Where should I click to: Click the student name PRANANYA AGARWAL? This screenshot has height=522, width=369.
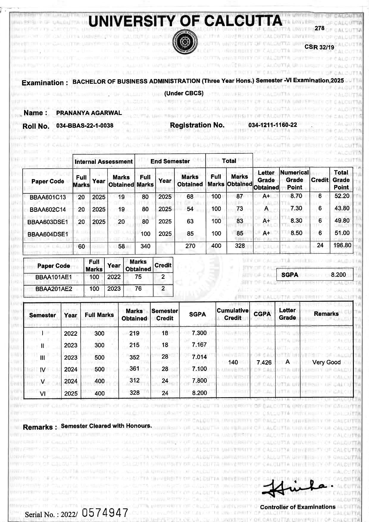(x=89, y=113)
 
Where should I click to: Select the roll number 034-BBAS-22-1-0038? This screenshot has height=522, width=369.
(x=85, y=126)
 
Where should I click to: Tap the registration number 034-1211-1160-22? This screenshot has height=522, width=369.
(x=273, y=125)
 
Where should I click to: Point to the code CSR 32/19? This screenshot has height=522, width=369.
(x=319, y=47)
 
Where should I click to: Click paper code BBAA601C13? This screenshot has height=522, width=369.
(x=48, y=197)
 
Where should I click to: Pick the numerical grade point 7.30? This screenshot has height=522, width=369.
(x=296, y=209)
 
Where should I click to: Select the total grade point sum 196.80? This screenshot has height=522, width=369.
(x=342, y=245)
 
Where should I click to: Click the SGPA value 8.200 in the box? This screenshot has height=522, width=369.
(x=338, y=275)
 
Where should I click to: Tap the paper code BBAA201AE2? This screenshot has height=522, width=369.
(x=54, y=289)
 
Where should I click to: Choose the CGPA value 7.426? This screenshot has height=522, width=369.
(x=264, y=362)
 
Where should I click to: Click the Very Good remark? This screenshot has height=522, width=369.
(x=326, y=362)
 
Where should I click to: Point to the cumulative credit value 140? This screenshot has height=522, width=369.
(x=233, y=362)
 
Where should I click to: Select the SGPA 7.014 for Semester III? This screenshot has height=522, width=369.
(x=199, y=357)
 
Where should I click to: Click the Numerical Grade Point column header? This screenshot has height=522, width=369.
(x=294, y=180)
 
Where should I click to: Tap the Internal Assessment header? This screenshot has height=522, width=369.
(x=104, y=161)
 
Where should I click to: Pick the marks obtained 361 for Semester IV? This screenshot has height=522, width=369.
(x=135, y=369)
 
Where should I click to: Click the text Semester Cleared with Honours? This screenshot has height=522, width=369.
(x=106, y=426)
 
